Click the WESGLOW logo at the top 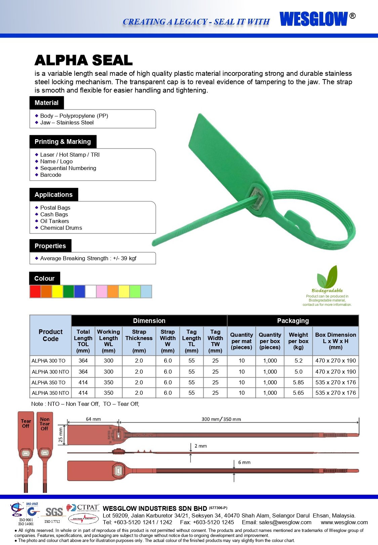coord(313,19)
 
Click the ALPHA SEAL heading coord(83,60)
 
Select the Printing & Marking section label coord(63,142)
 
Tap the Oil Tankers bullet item coord(54,221)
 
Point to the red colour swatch coord(35,291)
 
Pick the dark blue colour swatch coord(79,291)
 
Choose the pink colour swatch coord(101,291)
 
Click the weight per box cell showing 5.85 coord(298,382)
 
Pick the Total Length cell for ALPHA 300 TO coord(83,361)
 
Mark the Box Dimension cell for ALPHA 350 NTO coord(335,393)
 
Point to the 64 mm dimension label coord(93,419)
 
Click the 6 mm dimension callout coord(244,462)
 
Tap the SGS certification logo coord(54,512)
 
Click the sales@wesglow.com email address coord(285,522)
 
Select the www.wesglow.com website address coord(344,522)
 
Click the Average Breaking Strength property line coord(88,258)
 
